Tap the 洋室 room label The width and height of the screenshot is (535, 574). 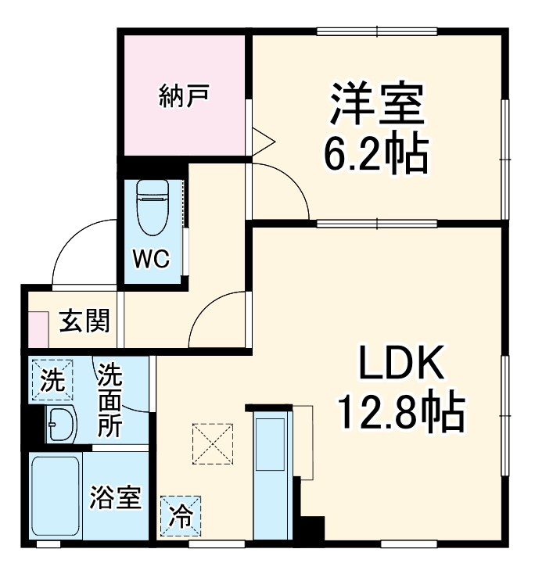376,106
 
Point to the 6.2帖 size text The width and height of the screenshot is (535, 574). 376,156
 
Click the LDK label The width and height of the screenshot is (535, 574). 401,364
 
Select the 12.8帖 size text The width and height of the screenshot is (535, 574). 401,412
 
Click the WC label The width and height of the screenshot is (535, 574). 151,260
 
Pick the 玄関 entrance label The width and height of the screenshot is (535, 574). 84,321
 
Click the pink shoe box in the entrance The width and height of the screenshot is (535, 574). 38,329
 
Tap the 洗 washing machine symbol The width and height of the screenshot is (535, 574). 52,381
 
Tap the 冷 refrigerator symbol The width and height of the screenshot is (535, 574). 180,515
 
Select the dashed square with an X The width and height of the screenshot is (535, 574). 213,443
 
